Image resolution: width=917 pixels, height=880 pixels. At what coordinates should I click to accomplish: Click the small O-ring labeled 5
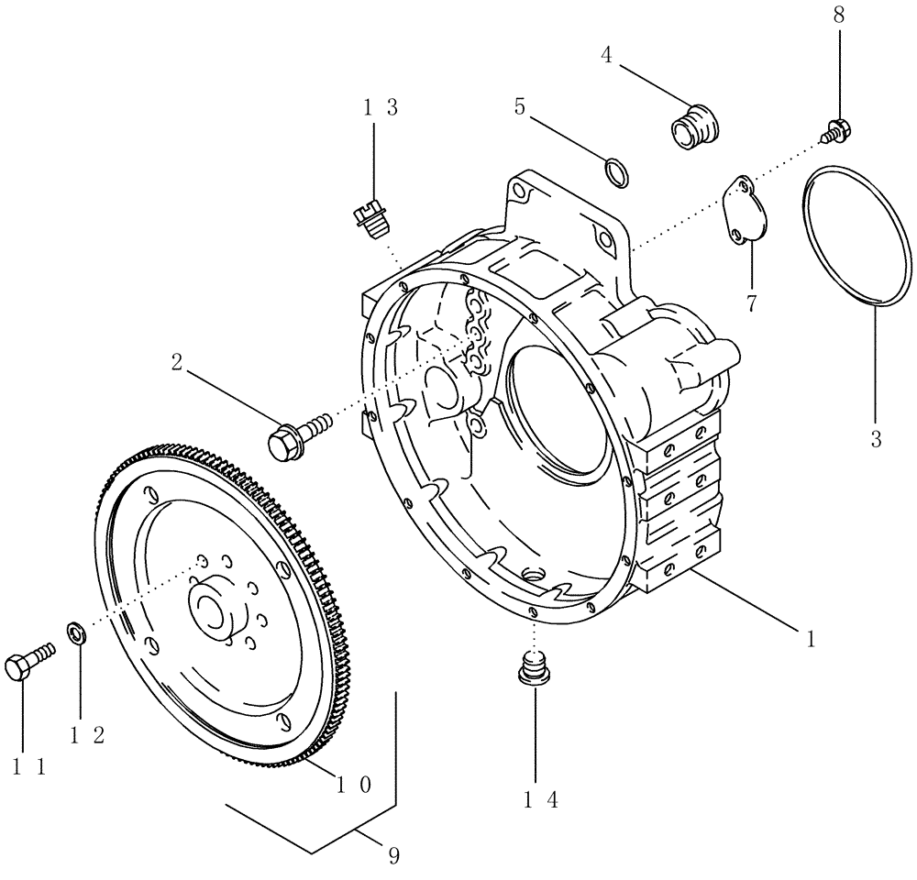(x=618, y=171)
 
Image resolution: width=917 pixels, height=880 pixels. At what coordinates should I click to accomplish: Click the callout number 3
(x=876, y=440)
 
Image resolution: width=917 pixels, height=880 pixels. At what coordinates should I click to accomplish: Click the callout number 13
(x=380, y=107)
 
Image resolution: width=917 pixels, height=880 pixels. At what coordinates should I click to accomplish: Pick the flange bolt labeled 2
(x=292, y=436)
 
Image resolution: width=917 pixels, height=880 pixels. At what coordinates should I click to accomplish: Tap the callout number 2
(x=174, y=362)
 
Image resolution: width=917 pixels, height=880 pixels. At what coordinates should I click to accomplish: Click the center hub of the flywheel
(x=217, y=608)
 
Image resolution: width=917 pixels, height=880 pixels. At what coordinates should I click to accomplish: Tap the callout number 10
(x=353, y=785)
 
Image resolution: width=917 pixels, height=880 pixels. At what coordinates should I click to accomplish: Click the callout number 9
(x=392, y=855)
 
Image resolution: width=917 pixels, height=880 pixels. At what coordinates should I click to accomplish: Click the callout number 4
(x=606, y=54)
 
